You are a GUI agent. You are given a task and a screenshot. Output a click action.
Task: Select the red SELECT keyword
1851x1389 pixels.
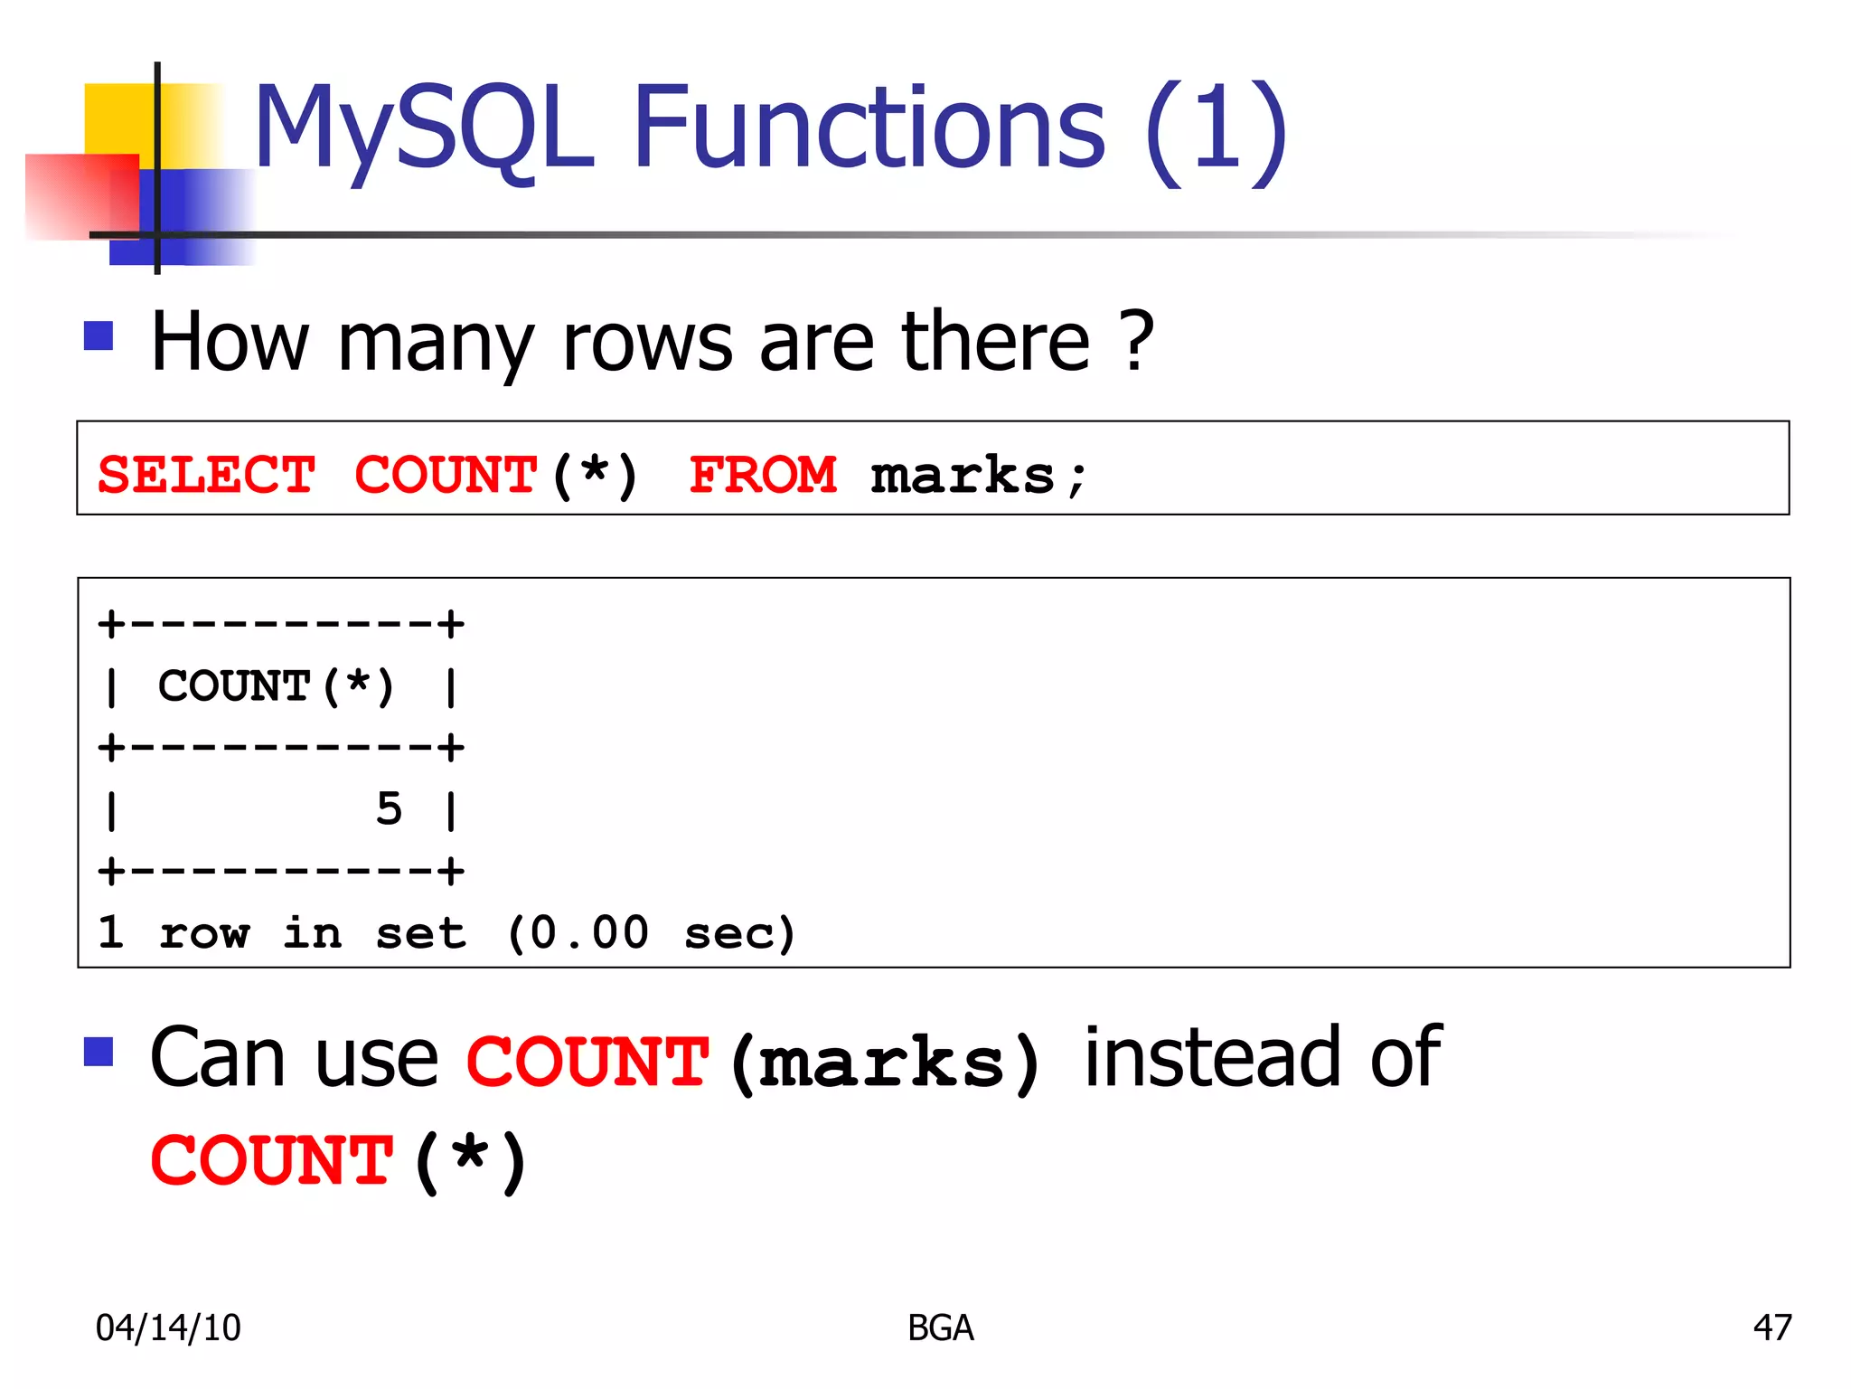[x=206, y=475]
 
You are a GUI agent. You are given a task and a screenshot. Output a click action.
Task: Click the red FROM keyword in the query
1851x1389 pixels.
[x=763, y=475]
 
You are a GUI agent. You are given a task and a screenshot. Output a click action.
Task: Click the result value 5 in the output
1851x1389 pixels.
[x=389, y=808]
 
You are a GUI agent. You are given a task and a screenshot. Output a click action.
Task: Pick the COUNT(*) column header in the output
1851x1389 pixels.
[x=276, y=685]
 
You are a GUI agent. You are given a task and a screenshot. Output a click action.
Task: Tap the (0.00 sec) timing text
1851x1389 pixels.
[x=651, y=932]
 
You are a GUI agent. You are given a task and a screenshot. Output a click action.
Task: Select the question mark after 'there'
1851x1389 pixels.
[x=1136, y=342]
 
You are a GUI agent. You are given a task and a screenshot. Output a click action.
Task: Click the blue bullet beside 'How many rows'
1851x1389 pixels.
[x=99, y=335]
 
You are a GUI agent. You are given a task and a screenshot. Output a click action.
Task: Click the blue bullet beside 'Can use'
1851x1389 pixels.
[x=99, y=1052]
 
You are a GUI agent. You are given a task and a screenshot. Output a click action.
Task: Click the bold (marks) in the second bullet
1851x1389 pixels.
[x=885, y=1062]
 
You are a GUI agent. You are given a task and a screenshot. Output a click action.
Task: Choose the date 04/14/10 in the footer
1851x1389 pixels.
[x=168, y=1328]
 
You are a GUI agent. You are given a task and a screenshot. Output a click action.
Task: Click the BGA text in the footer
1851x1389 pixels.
[x=940, y=1328]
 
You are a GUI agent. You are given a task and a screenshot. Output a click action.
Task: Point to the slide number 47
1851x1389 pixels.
[x=1771, y=1328]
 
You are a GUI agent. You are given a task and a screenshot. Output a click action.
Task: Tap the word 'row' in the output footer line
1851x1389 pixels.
[x=203, y=932]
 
